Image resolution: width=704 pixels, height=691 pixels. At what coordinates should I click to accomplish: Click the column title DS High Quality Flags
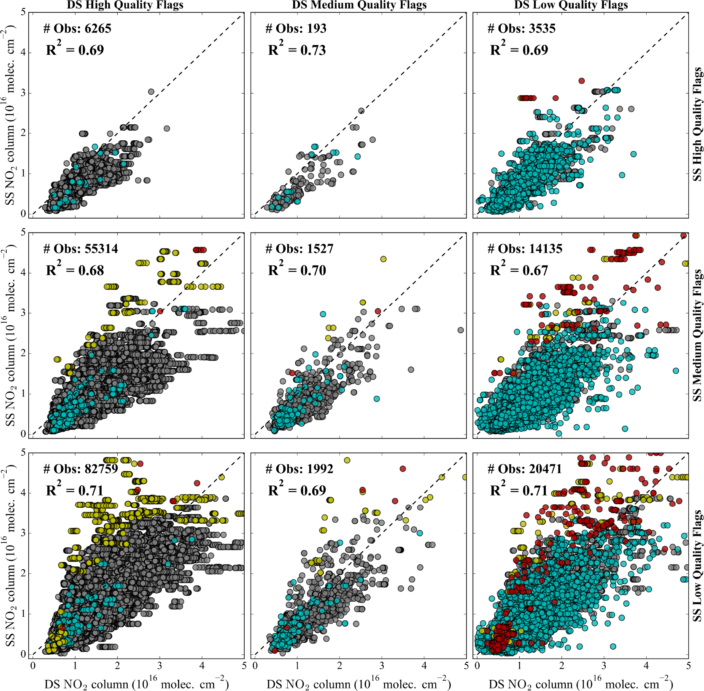point(125,5)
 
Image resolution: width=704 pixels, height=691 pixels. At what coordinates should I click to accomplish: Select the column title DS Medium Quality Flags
point(359,5)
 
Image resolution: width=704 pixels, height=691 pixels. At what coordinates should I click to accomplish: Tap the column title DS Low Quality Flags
point(571,5)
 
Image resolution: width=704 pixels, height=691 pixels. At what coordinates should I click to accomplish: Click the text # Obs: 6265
point(77,29)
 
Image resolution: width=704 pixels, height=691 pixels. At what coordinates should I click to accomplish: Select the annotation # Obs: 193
point(296,29)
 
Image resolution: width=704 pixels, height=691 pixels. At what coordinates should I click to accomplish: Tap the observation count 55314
point(101,249)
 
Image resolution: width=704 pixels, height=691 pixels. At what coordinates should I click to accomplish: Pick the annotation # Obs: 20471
point(525,469)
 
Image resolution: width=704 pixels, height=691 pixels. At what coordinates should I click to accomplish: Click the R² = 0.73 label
point(297,50)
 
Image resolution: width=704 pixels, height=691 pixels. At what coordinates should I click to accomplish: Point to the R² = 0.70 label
point(297,270)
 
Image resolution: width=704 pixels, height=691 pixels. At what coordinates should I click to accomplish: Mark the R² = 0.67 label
point(519,270)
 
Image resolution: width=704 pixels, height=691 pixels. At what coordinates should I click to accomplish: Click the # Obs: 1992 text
point(299,469)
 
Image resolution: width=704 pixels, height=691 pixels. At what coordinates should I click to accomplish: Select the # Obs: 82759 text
point(81,469)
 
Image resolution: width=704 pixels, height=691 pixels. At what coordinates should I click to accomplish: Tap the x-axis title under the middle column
point(359,683)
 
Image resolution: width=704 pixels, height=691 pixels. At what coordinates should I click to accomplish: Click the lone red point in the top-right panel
point(582,81)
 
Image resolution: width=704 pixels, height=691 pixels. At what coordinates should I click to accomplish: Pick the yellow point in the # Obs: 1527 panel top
point(383,259)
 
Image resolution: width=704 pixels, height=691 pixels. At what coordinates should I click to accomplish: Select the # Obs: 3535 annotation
point(521,29)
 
